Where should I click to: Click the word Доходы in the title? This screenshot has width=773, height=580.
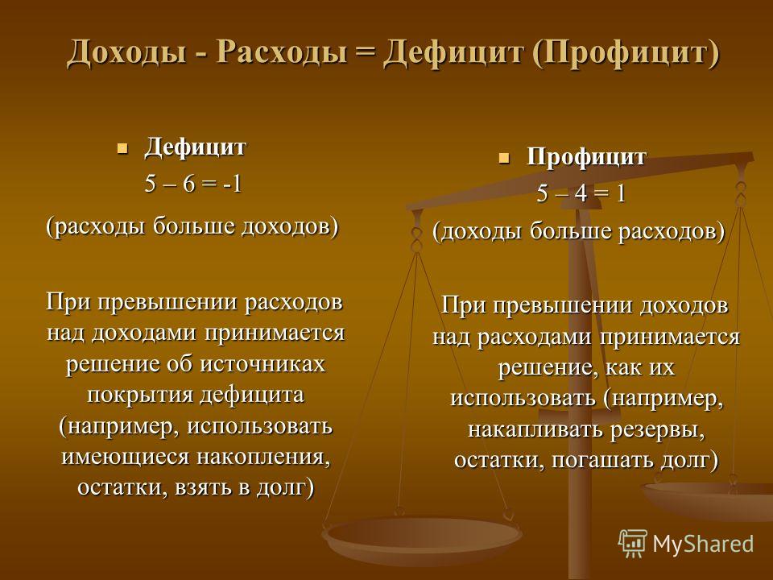[x=126, y=52]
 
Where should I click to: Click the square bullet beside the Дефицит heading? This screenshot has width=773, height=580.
[x=122, y=148]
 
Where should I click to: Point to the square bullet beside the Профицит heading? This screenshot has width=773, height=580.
[x=504, y=159]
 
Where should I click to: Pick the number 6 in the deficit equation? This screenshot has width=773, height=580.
[x=189, y=184]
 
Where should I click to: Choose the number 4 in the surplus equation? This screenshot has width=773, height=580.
[x=581, y=194]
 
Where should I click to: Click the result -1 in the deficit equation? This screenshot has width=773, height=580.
[x=232, y=184]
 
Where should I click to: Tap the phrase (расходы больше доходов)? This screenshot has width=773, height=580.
[x=192, y=227]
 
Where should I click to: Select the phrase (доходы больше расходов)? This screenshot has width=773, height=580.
[x=579, y=231]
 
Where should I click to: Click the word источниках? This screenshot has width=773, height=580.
[x=262, y=364]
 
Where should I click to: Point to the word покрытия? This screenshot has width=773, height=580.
[x=139, y=396]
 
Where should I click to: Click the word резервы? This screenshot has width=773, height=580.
[x=657, y=430]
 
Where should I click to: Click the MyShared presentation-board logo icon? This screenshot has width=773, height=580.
[x=633, y=543]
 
